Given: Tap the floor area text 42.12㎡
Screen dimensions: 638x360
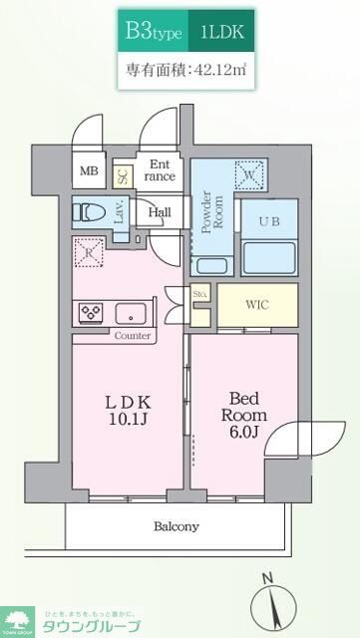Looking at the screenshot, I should coord(186,71).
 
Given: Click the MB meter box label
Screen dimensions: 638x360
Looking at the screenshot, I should coord(90,170).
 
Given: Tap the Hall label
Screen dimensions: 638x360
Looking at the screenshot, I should coord(160,212).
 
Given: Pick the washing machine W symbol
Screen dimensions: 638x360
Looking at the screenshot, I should coord(247,175).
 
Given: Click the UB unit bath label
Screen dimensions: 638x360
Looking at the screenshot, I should coord(269,220).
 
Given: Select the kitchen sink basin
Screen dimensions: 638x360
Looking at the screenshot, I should coord(131,313).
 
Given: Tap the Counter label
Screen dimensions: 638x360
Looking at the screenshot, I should coord(132,336).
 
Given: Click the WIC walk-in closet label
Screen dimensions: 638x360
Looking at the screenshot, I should coord(257,304).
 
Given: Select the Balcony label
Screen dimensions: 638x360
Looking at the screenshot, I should coord(177,526).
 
